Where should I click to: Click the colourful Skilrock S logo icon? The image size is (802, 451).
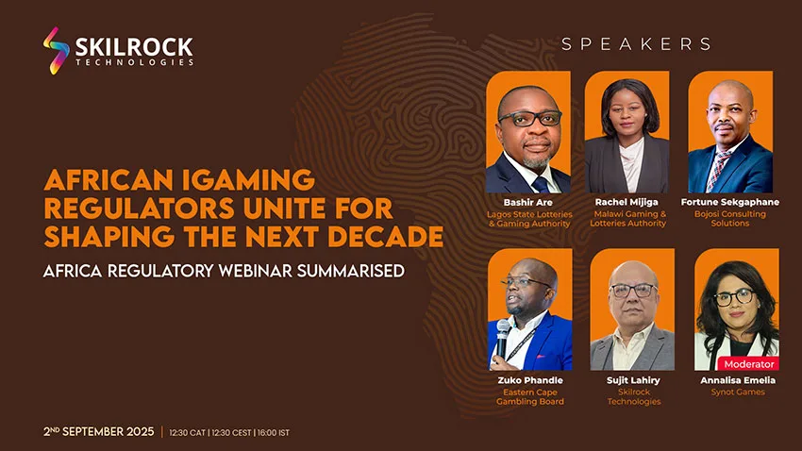(x=57, y=51)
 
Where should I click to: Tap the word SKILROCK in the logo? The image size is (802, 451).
(x=134, y=46)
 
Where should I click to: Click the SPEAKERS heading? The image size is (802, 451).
(x=636, y=44)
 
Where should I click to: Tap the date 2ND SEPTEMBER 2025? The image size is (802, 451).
(x=99, y=431)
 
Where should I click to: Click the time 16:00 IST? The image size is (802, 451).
(x=273, y=432)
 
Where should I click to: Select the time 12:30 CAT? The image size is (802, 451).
(x=187, y=432)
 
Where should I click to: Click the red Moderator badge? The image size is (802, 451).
(x=749, y=364)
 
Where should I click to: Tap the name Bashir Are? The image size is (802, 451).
(x=527, y=202)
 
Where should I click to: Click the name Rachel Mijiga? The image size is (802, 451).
(x=627, y=202)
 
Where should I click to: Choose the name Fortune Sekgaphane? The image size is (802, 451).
(x=730, y=202)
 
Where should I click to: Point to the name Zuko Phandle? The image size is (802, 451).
(x=530, y=380)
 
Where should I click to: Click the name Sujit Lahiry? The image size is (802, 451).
(x=633, y=380)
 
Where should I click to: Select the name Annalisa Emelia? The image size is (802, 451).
(x=738, y=380)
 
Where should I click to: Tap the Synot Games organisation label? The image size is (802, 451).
(x=738, y=393)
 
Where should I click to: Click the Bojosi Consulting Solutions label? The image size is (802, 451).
(x=730, y=218)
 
